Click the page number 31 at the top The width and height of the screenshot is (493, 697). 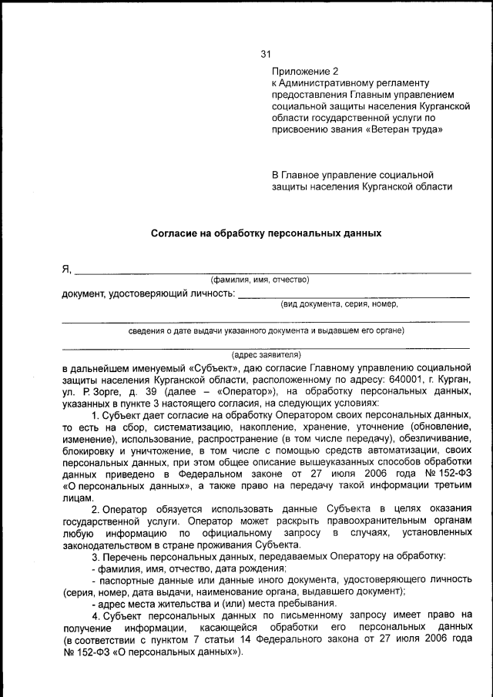267,54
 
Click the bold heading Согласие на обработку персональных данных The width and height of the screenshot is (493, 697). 266,230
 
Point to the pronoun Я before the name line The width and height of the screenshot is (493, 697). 65,269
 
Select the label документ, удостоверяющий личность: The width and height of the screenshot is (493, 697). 147,293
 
